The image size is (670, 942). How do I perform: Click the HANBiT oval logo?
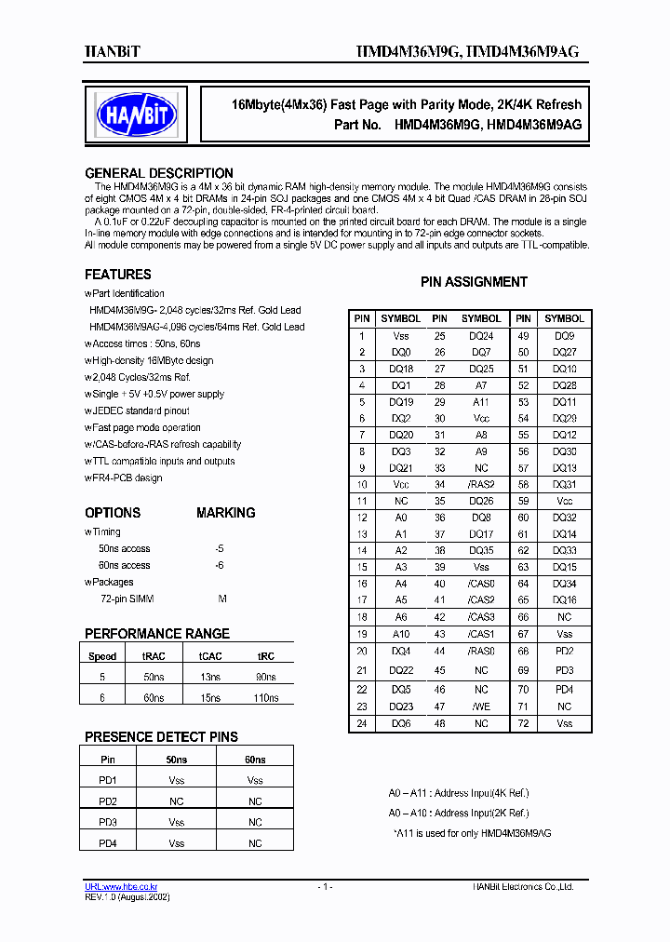point(137,115)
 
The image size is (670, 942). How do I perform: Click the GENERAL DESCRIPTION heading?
point(159,173)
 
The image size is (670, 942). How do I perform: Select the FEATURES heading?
point(118,275)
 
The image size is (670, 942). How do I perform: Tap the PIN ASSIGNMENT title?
point(474,282)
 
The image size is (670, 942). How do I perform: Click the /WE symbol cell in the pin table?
point(480,706)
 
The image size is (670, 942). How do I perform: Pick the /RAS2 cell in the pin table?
point(480,484)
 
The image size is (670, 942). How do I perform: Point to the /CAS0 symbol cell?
point(480,584)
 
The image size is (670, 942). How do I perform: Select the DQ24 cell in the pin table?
point(480,335)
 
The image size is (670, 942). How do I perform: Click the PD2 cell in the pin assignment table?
point(564,651)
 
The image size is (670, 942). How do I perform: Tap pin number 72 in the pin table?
point(523,723)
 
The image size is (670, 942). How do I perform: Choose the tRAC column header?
point(154,656)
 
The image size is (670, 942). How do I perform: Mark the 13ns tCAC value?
point(210,677)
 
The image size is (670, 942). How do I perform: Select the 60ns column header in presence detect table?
point(255,760)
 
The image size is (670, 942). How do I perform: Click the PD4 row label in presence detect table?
point(108,842)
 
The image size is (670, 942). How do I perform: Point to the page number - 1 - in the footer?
point(325,887)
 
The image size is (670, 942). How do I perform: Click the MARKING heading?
point(225,513)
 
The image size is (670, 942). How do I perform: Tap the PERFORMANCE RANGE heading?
point(156,634)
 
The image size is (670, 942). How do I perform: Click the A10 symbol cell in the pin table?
point(400,634)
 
